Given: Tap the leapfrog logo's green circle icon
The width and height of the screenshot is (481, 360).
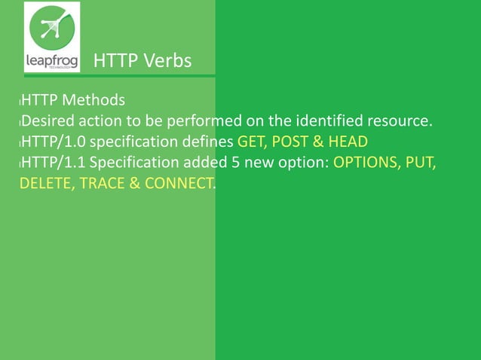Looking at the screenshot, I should pos(52,28).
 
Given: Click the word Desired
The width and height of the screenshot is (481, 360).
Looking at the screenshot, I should pos(47,121).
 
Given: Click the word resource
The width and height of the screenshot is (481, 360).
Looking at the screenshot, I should pos(401,121).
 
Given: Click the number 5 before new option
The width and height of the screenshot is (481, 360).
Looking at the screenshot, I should pos(219,163).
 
